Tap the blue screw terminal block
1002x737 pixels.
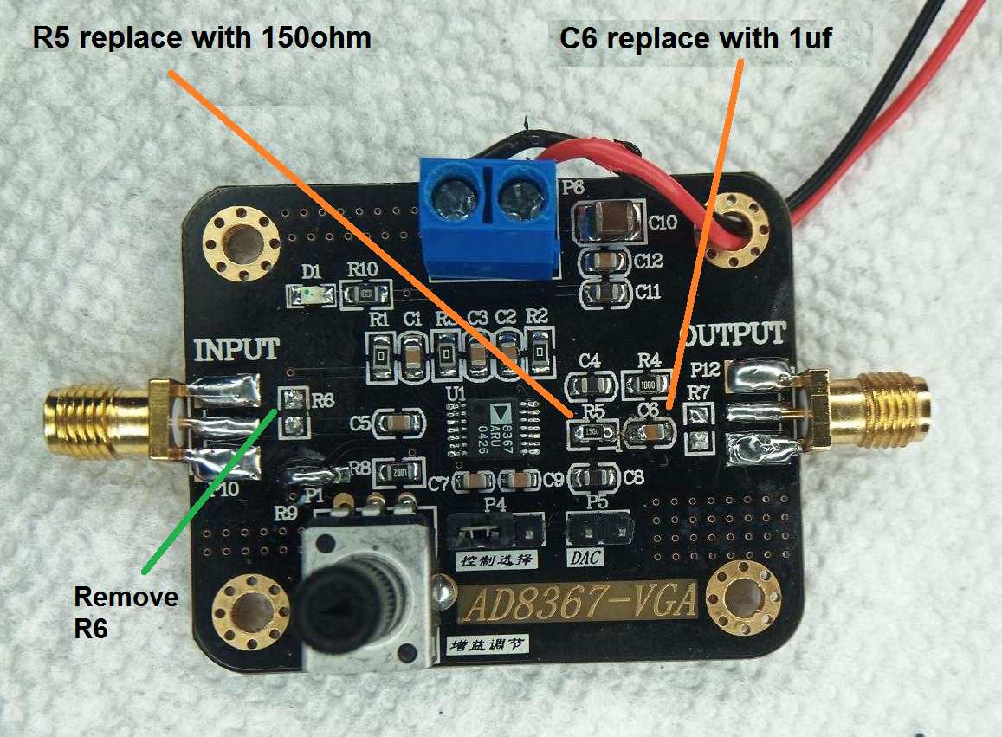tap(488, 213)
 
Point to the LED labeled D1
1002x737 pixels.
tap(311, 296)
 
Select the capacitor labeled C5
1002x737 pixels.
tap(399, 423)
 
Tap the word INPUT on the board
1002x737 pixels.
tap(236, 350)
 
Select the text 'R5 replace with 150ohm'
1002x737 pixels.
tap(202, 38)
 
